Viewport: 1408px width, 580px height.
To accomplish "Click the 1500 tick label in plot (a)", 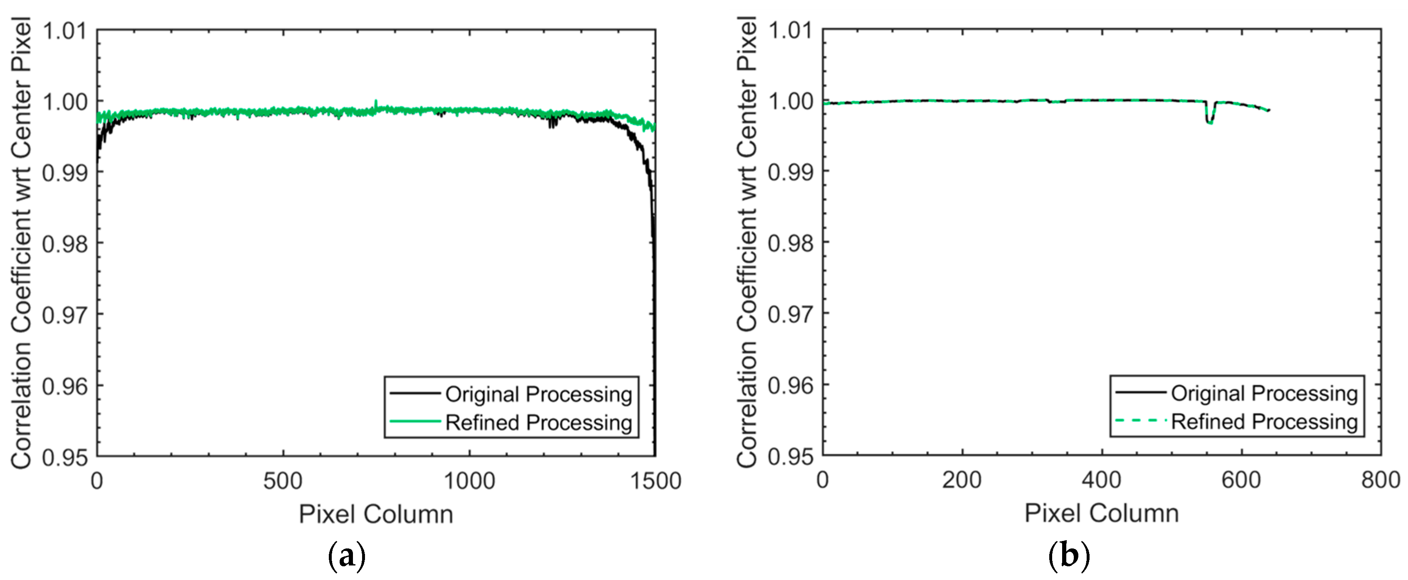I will click(x=655, y=481).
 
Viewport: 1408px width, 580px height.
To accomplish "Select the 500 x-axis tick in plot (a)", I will click(x=283, y=481).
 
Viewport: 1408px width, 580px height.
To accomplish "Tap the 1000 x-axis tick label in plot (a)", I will click(x=469, y=481).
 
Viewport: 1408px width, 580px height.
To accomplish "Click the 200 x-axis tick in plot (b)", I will click(x=962, y=480).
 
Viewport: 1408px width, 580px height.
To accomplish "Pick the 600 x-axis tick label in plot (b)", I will click(x=1241, y=480).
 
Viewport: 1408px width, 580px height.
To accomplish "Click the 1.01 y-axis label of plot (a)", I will click(x=64, y=31).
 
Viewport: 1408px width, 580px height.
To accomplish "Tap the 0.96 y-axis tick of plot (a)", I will click(x=64, y=386).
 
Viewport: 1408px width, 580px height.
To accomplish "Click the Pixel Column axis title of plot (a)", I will click(x=376, y=514).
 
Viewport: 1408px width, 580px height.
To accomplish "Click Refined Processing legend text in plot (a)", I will click(x=538, y=423).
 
